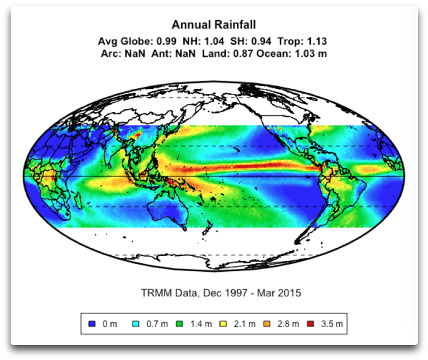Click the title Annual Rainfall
pyautogui.click(x=214, y=25)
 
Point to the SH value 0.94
pyautogui.click(x=252, y=42)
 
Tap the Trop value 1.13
pyautogui.click(x=316, y=42)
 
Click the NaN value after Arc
pyautogui.click(x=135, y=54)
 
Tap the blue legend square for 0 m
pyautogui.click(x=92, y=324)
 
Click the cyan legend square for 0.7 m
pyautogui.click(x=136, y=324)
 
